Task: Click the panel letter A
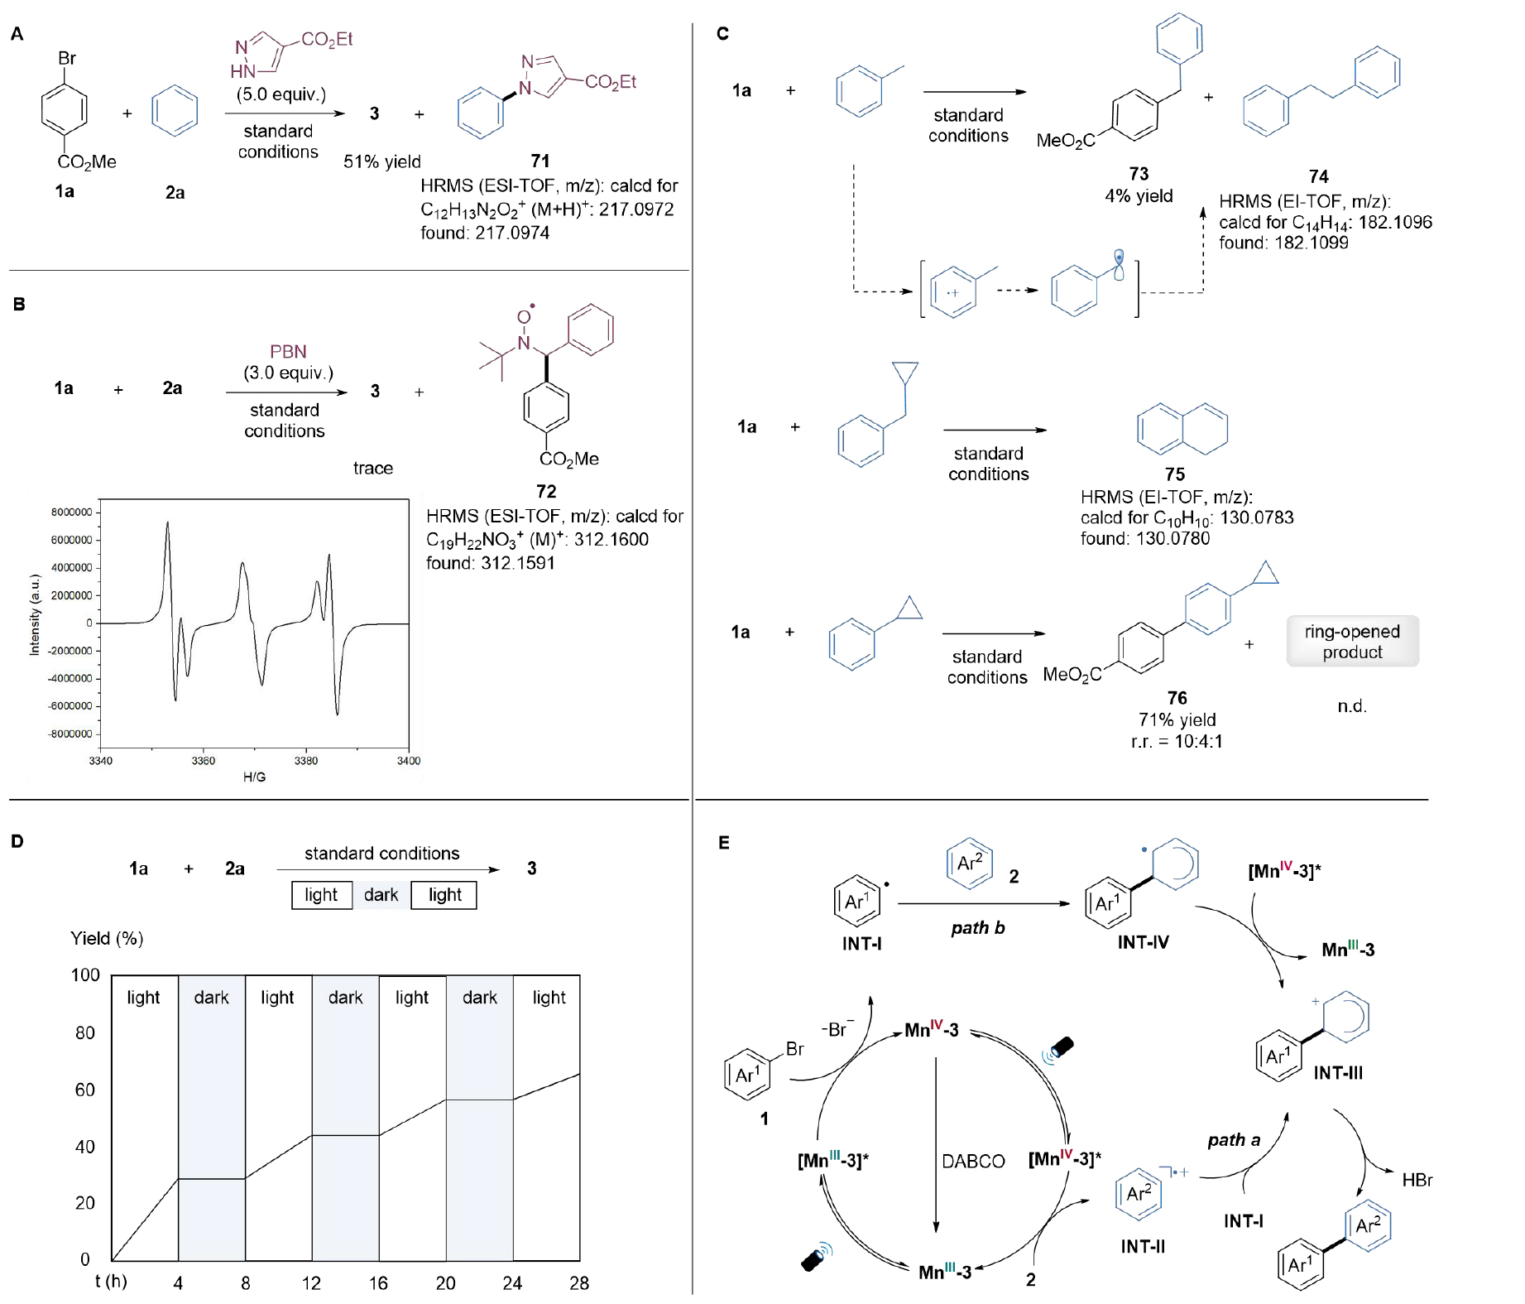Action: tap(17, 34)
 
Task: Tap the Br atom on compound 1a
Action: tap(67, 58)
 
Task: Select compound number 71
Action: tap(540, 161)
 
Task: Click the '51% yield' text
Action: tap(382, 161)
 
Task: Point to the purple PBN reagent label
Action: tap(288, 351)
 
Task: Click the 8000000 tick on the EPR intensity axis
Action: tap(72, 512)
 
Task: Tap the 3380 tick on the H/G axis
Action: tap(306, 761)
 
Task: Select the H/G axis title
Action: tap(254, 777)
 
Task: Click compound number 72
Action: tap(546, 491)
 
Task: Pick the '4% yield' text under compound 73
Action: tap(1139, 196)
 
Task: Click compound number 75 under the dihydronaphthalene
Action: tap(1175, 474)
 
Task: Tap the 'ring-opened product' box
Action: tap(1352, 642)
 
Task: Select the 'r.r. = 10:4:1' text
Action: tap(1177, 741)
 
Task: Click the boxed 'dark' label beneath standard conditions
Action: tap(381, 895)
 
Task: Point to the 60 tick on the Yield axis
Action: tap(85, 1090)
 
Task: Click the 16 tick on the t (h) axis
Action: tap(378, 1283)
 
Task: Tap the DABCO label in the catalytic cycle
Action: tap(973, 1162)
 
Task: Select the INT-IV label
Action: tap(1143, 942)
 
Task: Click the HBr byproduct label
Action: tap(1417, 1180)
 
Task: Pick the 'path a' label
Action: tap(1234, 1140)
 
